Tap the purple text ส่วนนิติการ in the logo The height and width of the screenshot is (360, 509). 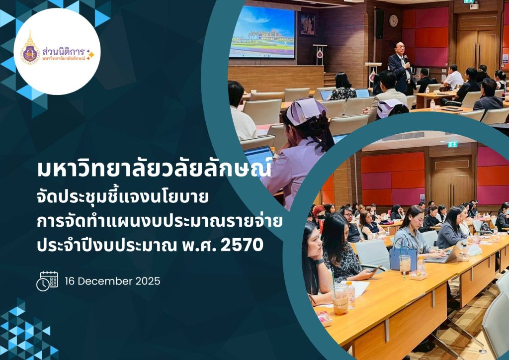coord(63,51)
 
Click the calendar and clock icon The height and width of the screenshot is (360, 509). coord(47,281)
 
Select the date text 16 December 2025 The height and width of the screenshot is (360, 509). coord(112,281)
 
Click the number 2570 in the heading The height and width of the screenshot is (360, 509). coord(242,246)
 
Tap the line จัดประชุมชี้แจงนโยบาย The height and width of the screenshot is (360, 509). coord(123,197)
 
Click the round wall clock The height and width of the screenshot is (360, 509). coord(393,20)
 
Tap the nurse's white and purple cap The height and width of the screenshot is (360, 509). coord(306,111)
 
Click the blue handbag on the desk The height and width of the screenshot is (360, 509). coord(404,255)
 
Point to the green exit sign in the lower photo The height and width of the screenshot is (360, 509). coord(452,144)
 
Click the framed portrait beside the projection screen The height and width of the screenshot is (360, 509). coord(307,24)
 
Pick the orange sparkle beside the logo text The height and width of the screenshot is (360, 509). coord(90,54)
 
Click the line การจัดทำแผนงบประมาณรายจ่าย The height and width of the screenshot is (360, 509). coord(160,221)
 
